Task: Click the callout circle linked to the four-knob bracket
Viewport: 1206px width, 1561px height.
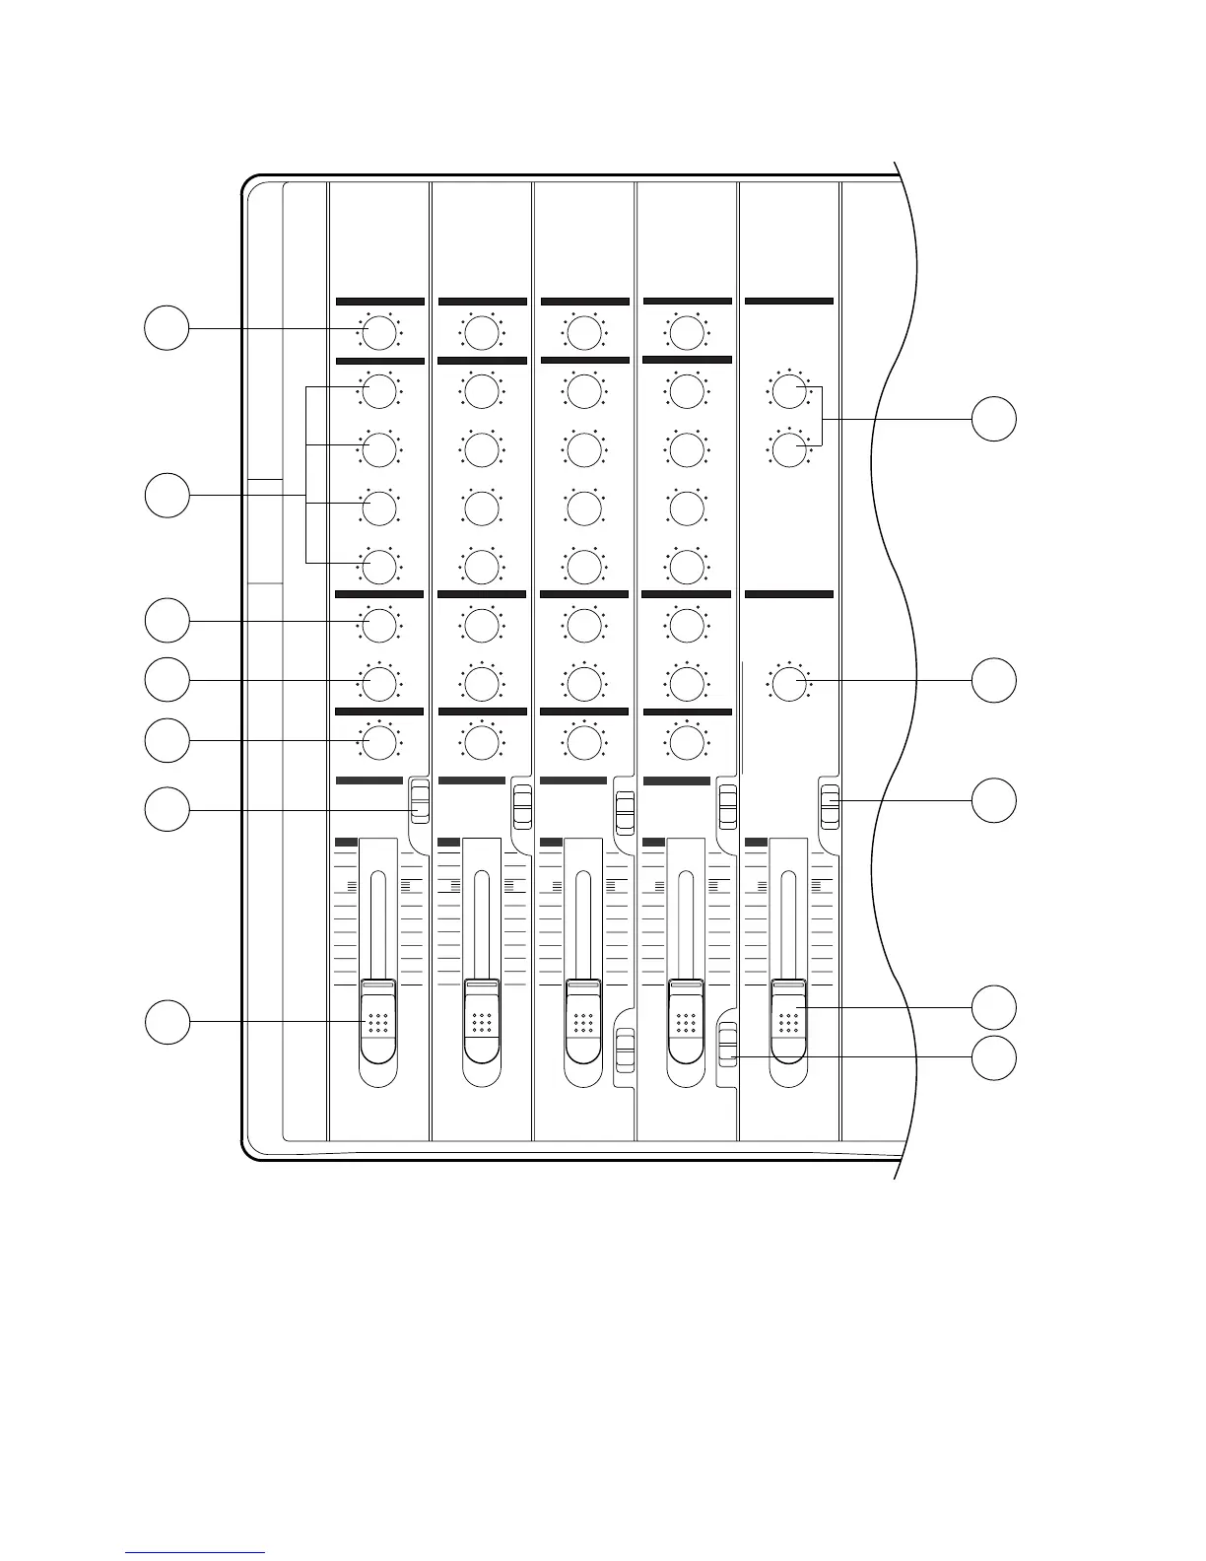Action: (x=167, y=495)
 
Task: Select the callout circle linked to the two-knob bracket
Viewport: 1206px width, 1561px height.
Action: (x=994, y=419)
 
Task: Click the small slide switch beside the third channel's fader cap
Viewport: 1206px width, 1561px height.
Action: (x=624, y=1051)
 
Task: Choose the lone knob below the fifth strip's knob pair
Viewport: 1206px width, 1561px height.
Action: (x=787, y=682)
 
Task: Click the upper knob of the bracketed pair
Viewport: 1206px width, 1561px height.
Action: (x=787, y=392)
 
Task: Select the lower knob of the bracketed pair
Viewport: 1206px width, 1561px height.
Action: (x=787, y=450)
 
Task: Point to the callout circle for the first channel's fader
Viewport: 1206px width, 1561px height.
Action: (x=167, y=1022)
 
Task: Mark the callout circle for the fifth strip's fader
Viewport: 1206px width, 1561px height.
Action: (x=994, y=1007)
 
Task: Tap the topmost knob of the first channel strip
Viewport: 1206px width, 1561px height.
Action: (x=378, y=333)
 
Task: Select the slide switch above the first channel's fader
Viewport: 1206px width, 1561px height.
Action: (x=421, y=799)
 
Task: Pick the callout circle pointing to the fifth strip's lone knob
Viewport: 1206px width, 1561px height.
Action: (x=994, y=680)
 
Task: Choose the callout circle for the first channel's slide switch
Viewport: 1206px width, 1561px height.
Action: (x=167, y=810)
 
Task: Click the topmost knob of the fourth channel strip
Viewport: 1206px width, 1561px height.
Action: (x=686, y=333)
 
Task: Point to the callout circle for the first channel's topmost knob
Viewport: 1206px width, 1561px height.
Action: (x=167, y=327)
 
